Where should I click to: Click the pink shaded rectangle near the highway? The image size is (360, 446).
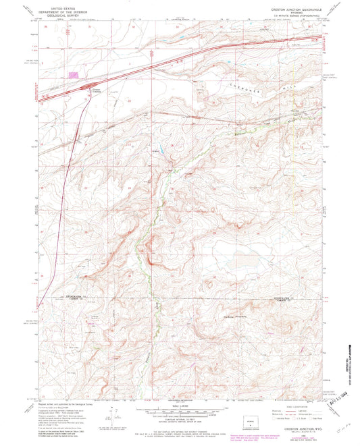click(72, 76)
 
